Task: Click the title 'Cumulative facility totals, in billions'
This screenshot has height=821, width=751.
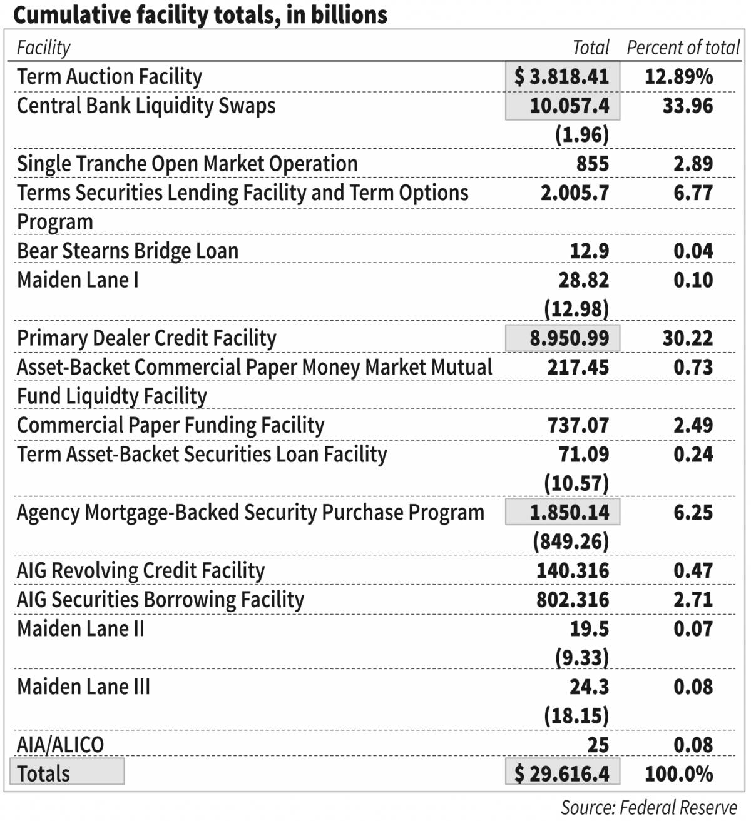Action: click(200, 15)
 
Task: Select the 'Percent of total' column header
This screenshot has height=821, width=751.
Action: click(683, 48)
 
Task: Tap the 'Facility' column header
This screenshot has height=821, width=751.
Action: click(43, 48)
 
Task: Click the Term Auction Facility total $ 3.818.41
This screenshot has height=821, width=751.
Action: click(562, 76)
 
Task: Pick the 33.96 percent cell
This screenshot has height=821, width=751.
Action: click(687, 106)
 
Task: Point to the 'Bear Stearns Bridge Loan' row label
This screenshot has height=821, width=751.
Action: click(128, 251)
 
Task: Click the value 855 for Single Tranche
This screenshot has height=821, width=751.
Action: click(592, 164)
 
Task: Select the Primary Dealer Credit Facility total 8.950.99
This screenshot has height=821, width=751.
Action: click(569, 338)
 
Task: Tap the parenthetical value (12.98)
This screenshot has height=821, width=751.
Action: click(576, 309)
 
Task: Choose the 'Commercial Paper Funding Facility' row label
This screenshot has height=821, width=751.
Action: click(170, 425)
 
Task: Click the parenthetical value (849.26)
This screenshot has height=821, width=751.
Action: click(571, 541)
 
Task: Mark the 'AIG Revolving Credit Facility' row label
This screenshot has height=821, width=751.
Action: click(141, 570)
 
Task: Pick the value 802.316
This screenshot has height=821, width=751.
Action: click(573, 600)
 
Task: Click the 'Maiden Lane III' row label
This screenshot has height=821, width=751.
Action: click(83, 687)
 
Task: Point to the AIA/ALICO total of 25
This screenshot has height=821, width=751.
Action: click(598, 745)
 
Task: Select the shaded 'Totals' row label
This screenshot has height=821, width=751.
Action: click(44, 773)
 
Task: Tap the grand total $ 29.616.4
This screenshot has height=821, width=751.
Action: click(562, 773)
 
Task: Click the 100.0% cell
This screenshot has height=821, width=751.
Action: click(678, 773)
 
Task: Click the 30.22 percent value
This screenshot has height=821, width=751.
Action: click(687, 338)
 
